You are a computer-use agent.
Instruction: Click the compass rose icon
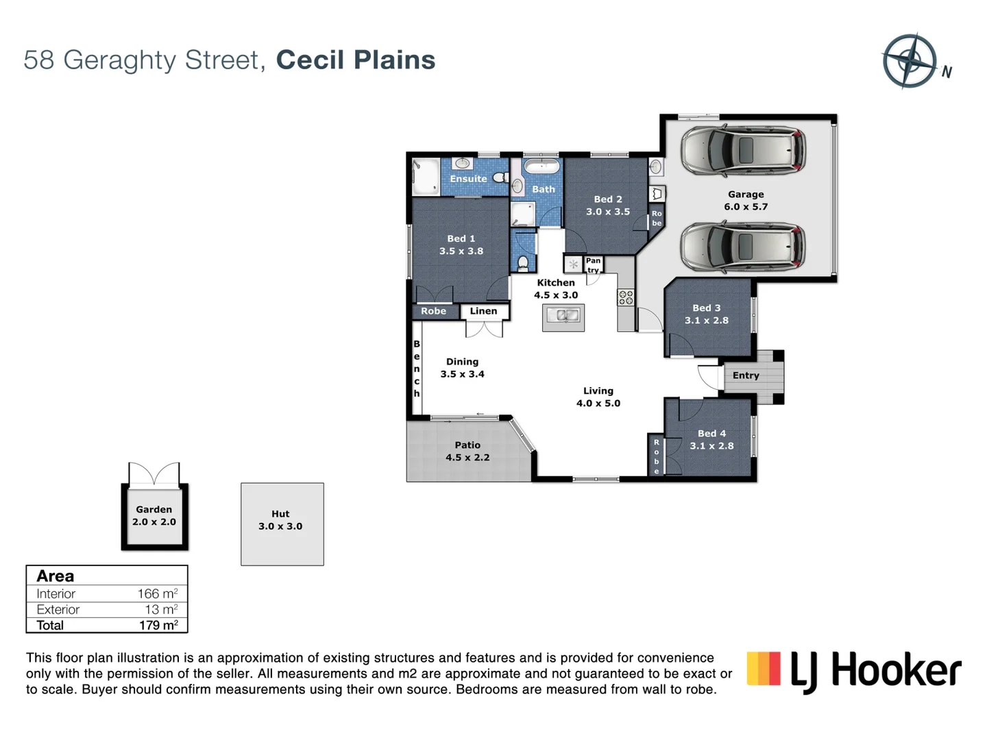pyautogui.click(x=910, y=61)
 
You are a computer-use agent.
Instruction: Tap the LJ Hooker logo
pyautogui.click(x=854, y=670)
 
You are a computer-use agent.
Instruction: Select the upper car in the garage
pyautogui.click(x=743, y=150)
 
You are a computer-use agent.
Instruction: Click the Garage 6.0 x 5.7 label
pyautogui.click(x=746, y=201)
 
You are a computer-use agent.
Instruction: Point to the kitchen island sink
pyautogui.click(x=563, y=316)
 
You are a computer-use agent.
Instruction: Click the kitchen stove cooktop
pyautogui.click(x=626, y=297)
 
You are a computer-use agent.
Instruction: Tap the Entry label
pyautogui.click(x=746, y=375)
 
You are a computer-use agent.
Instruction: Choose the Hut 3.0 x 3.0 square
pyautogui.click(x=282, y=524)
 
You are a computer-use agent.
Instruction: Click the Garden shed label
pyautogui.click(x=154, y=516)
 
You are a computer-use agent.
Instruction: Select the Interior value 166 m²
pyautogui.click(x=157, y=594)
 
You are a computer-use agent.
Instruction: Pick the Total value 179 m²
pyautogui.click(x=158, y=625)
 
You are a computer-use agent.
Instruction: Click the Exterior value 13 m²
pyautogui.click(x=161, y=610)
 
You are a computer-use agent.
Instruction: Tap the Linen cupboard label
pyautogui.click(x=483, y=311)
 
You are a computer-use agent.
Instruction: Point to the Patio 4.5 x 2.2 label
pyautogui.click(x=467, y=452)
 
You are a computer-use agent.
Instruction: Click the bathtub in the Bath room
pyautogui.click(x=541, y=166)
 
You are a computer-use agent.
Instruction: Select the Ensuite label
pyautogui.click(x=468, y=179)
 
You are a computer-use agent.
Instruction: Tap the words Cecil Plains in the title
pyautogui.click(x=355, y=60)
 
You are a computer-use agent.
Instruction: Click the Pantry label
pyautogui.click(x=593, y=265)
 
